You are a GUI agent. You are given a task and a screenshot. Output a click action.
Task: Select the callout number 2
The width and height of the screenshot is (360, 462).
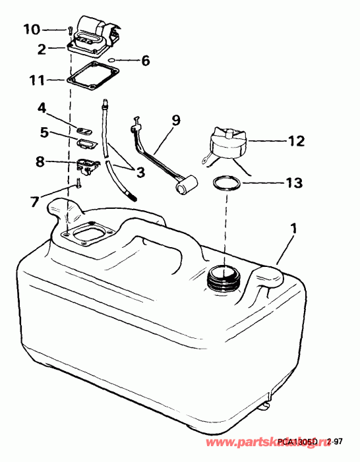(41, 49)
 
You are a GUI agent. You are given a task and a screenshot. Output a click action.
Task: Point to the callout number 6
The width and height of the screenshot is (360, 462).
(145, 61)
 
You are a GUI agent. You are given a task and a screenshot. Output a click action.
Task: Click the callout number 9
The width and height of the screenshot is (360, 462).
(175, 121)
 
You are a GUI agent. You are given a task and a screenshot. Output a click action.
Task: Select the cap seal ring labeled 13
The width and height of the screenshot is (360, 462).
(226, 183)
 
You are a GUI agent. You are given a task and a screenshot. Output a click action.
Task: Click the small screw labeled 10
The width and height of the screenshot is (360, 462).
(69, 30)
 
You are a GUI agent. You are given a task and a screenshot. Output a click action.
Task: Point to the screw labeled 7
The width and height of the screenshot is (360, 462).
(77, 184)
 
